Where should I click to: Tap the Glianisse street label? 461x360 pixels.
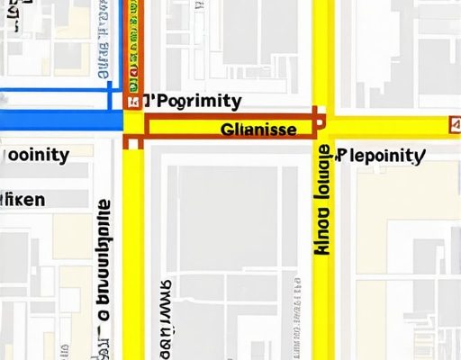point(258,130)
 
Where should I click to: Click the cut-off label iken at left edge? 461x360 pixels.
point(23,199)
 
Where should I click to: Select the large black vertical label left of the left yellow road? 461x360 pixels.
point(104,270)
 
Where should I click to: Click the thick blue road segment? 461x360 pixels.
point(59,121)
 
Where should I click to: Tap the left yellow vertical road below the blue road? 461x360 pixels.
point(133,252)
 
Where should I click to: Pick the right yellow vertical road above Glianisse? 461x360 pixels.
point(322,54)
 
